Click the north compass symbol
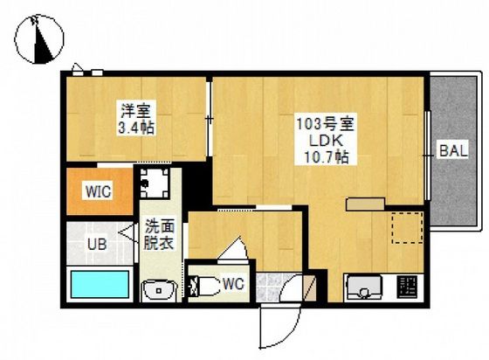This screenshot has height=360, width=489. [x=39, y=38]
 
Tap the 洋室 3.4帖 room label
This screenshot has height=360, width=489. [x=136, y=118]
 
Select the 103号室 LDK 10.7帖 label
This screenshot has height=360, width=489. [x=325, y=141]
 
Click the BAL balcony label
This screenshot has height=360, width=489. [x=454, y=151]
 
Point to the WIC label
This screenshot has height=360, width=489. [x=99, y=190]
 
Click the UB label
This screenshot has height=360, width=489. [x=97, y=244]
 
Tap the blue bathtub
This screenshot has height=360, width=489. [x=100, y=284]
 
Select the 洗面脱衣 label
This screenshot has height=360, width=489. [x=159, y=234]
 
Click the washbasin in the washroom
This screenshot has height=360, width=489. [x=159, y=291]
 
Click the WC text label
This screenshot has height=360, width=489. [x=234, y=284]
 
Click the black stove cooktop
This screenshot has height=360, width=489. [x=407, y=287]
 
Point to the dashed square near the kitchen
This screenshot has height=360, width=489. [x=407, y=227]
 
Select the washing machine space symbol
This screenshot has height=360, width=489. [x=155, y=183]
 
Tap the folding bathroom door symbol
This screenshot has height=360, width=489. [x=128, y=233]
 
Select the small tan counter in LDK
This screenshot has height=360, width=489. [x=365, y=204]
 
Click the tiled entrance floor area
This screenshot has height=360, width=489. [x=268, y=287]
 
